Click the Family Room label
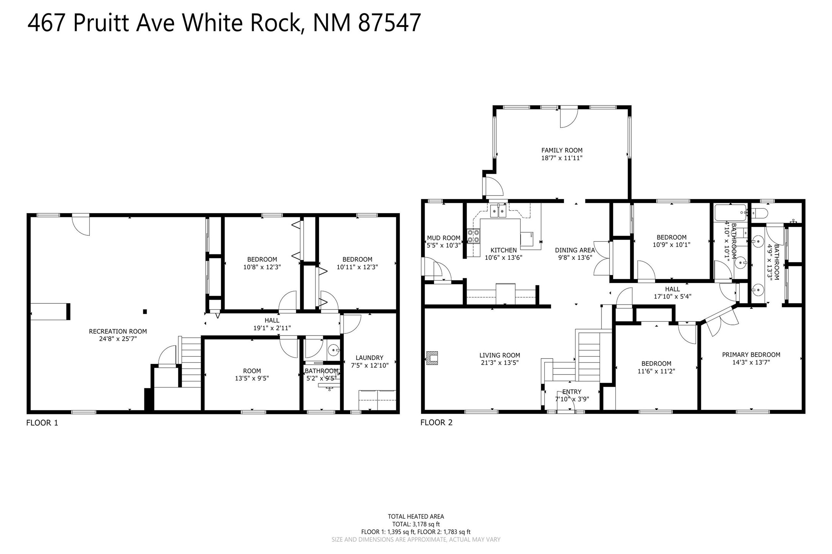click(x=562, y=151)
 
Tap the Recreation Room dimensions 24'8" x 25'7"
click(x=118, y=339)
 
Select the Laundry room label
click(x=369, y=358)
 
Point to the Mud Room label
click(x=444, y=238)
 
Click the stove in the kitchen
click(x=474, y=236)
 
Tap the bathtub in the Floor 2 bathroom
click(x=731, y=212)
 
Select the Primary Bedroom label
click(x=751, y=355)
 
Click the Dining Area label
click(x=575, y=250)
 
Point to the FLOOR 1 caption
click(x=42, y=423)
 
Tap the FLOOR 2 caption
click(x=436, y=422)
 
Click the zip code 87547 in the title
click(x=389, y=23)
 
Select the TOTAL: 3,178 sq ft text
click(x=416, y=524)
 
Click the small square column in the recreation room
click(x=145, y=311)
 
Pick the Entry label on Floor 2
click(x=572, y=392)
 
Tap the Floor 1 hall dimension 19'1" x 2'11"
click(x=272, y=328)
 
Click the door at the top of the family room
click(x=568, y=117)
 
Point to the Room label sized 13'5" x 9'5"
click(x=252, y=371)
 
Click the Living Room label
click(x=500, y=355)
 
